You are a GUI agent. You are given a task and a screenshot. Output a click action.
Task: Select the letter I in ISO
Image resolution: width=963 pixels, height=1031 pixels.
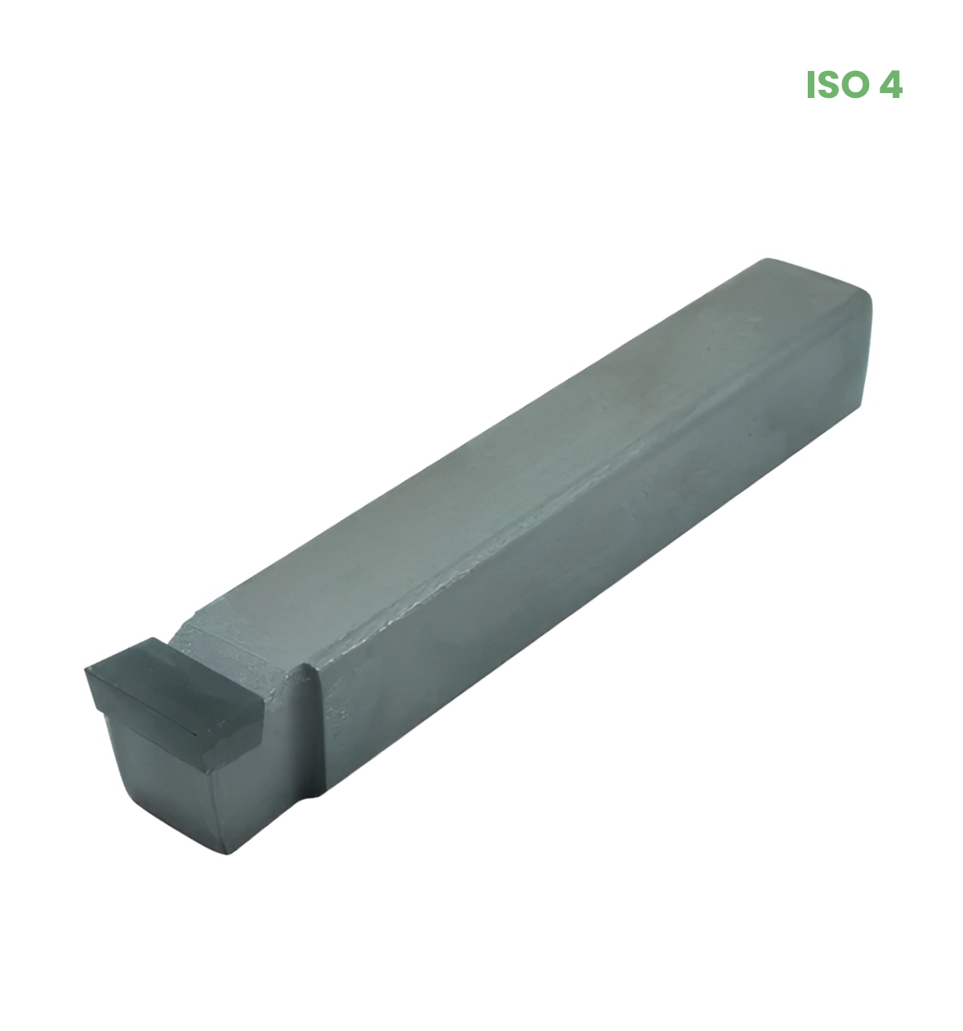pos(809,85)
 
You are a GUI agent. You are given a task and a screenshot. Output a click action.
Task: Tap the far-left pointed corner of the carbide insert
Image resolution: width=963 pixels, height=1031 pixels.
pos(85,669)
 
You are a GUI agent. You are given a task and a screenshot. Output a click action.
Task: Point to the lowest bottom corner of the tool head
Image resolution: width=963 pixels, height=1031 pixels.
pos(227,854)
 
